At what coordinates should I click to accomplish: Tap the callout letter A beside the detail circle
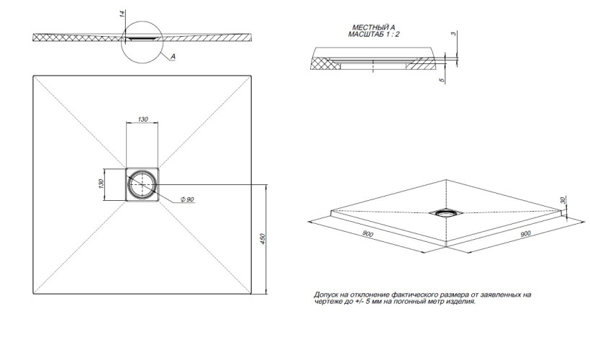[173, 56]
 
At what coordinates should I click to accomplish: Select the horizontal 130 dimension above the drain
[143, 120]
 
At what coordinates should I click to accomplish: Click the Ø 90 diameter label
[186, 199]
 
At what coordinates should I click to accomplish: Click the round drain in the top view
[143, 185]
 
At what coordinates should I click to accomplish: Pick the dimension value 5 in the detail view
[453, 80]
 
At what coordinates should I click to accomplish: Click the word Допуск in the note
[327, 295]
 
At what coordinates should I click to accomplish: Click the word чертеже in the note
[327, 302]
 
